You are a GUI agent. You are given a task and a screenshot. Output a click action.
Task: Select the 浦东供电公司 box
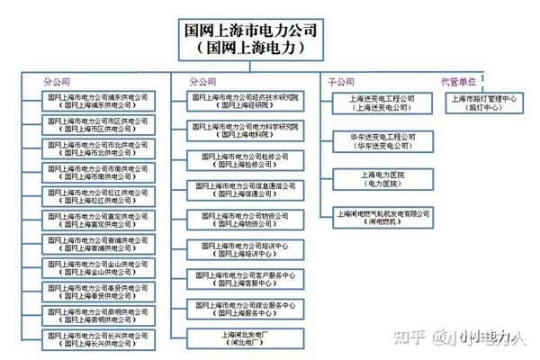tap(98, 100)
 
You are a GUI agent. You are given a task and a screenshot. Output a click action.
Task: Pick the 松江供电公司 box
tap(98, 197)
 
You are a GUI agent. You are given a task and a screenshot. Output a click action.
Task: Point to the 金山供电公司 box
tap(98, 269)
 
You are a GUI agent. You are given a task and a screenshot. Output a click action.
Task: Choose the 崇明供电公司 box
tap(98, 317)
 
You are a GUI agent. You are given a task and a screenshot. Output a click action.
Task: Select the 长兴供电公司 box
tap(98, 340)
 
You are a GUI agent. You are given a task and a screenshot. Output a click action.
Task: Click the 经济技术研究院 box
tap(245, 100)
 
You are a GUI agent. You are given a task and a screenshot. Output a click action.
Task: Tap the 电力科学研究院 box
tap(245, 130)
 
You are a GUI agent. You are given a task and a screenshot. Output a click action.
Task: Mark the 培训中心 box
tap(245, 249)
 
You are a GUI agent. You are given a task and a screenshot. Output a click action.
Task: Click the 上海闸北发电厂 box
tap(245, 339)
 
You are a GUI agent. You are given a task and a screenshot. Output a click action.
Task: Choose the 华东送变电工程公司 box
tap(382, 139)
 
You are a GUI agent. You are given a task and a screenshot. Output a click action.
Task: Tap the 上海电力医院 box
tap(382, 178)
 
